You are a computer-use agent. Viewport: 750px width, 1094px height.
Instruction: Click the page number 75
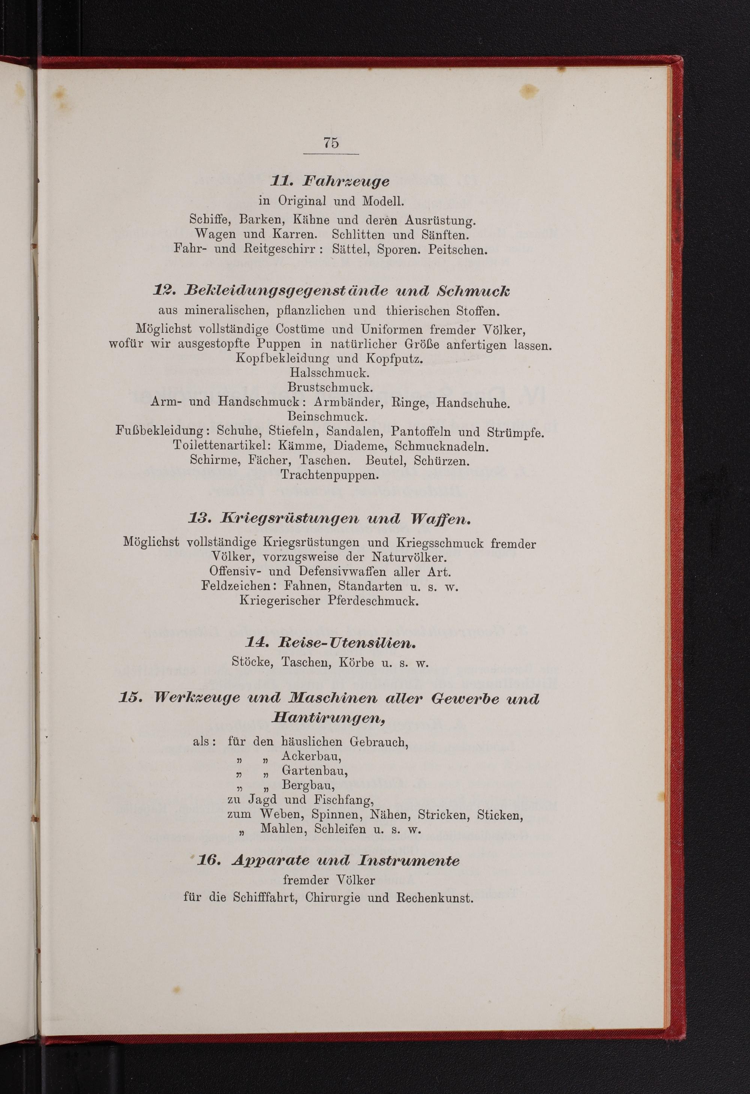coord(331,143)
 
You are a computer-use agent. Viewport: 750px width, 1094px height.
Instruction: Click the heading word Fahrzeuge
coord(346,181)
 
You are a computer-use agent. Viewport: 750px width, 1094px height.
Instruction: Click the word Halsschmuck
coord(329,373)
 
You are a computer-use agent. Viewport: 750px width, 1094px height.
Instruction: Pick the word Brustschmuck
coord(330,388)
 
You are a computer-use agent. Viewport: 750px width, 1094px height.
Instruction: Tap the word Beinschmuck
coord(327,416)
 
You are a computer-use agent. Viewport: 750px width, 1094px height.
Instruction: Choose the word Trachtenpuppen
coord(329,475)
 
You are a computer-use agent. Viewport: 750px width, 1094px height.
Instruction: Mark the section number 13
coord(198,519)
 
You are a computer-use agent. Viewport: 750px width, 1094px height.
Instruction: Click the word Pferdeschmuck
coord(373,601)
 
